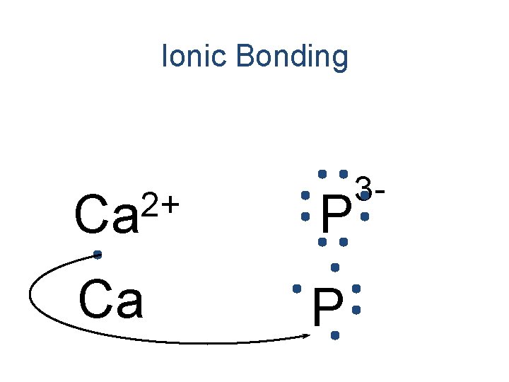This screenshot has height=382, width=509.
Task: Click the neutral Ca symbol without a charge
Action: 111,300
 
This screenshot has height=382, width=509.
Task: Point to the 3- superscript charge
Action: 371,188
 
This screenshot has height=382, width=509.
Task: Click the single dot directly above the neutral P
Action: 335,267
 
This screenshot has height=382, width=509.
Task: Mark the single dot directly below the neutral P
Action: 334,335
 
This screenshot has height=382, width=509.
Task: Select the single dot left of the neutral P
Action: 297,289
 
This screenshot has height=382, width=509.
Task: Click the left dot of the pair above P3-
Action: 322,173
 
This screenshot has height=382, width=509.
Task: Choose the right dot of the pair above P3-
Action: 343,173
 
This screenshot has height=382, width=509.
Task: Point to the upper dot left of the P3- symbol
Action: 305,195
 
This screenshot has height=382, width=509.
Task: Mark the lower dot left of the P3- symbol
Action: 305,216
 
